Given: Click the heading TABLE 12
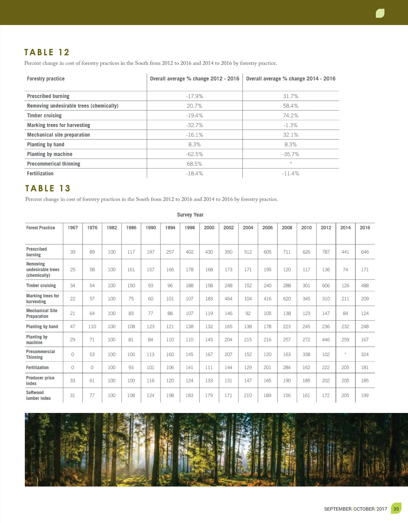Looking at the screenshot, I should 47,52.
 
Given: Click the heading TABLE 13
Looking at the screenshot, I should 48,188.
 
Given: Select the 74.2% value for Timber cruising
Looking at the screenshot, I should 290,115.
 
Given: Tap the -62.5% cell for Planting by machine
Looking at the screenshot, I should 194,154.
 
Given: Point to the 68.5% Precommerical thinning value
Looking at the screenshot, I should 194,164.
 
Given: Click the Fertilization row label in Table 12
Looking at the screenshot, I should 40,174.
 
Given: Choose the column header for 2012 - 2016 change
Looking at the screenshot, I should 194,79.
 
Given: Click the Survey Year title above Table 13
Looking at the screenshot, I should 190,215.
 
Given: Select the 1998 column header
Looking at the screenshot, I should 190,228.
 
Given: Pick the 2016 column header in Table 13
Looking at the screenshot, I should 365,228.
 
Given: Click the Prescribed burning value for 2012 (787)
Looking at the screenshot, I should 326,252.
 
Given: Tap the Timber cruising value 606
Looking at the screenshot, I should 326,286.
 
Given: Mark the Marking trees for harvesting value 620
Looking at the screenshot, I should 287,299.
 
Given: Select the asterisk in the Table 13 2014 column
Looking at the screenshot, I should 345,354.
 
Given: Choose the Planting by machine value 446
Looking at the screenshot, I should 326,340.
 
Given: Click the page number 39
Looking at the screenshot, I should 396,509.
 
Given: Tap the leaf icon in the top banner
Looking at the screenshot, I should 380,13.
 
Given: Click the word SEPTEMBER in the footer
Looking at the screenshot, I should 338,509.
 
